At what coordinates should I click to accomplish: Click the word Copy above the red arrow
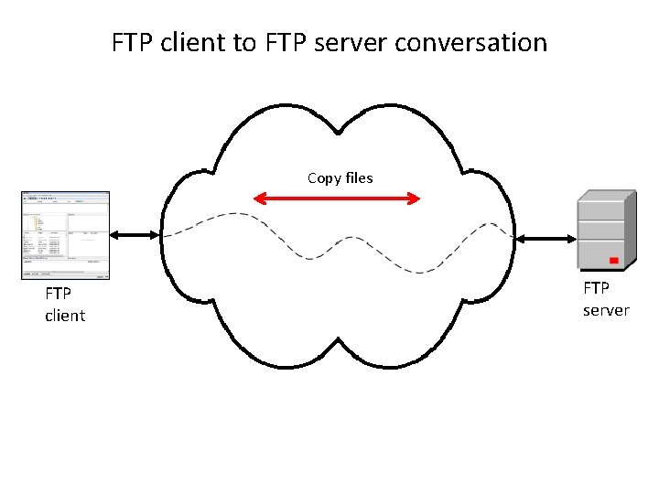(324, 177)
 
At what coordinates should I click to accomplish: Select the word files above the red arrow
(359, 177)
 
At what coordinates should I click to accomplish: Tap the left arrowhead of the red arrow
(259, 197)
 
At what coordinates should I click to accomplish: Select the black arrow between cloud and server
(544, 239)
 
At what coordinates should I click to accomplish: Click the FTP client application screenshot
(65, 235)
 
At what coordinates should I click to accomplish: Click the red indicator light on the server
(614, 261)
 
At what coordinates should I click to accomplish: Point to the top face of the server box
(606, 196)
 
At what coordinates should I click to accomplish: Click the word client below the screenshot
(65, 316)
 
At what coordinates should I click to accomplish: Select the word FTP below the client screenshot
(59, 294)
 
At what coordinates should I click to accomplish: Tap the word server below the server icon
(606, 310)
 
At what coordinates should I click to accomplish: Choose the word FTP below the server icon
(597, 288)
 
